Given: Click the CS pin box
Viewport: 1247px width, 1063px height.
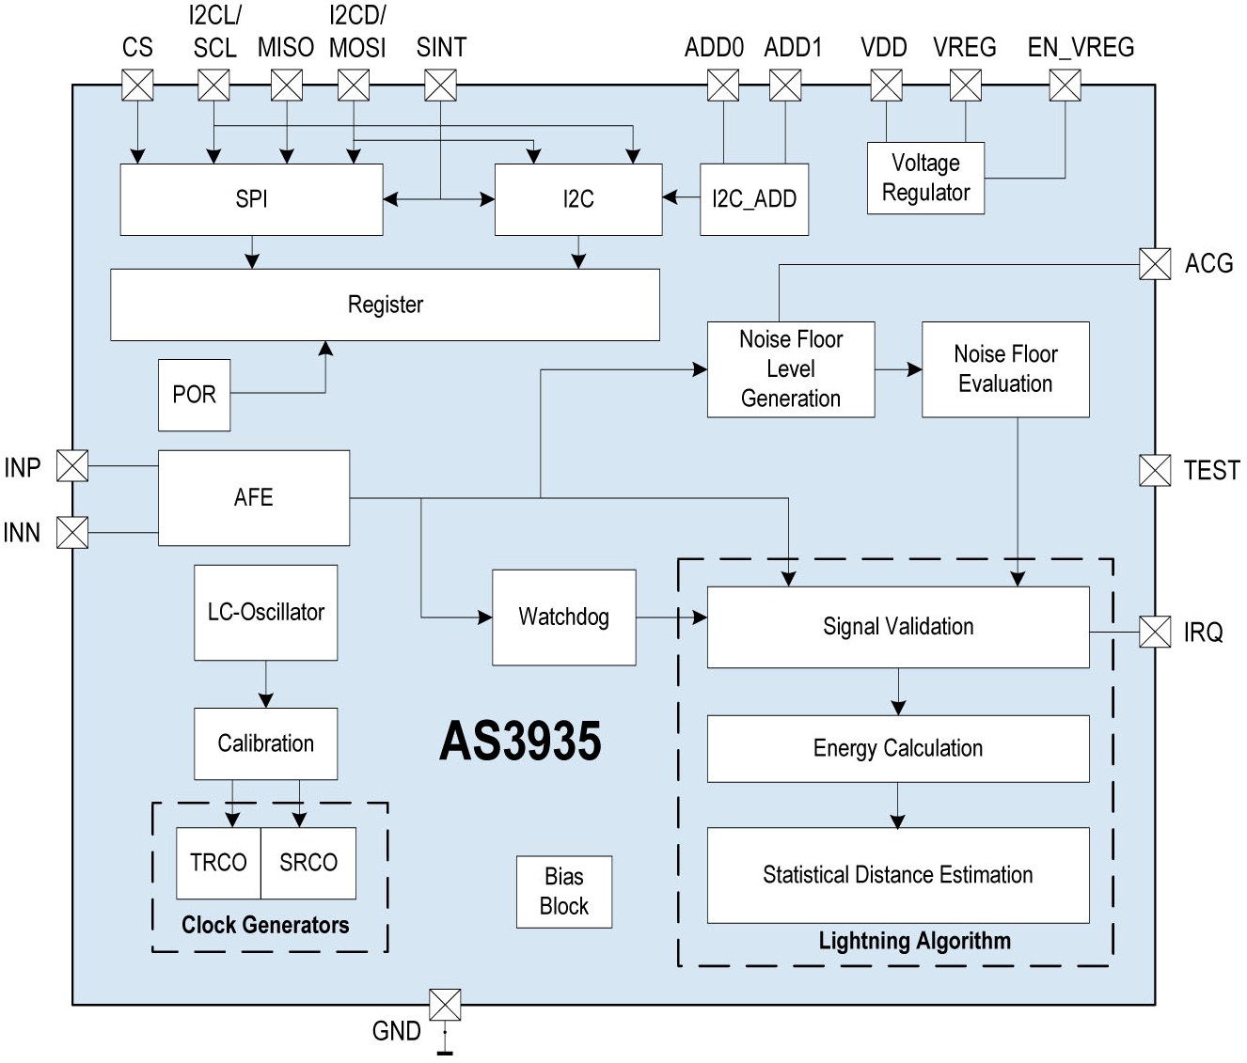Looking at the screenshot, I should pos(137,86).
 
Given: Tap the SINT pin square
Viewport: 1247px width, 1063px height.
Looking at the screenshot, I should pos(440,86).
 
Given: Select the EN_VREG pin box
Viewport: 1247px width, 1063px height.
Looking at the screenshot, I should pos(1065,86).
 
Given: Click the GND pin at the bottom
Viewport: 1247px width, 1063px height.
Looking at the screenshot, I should pos(445,1005).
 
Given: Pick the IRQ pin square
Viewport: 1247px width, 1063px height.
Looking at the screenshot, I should pos(1155,632).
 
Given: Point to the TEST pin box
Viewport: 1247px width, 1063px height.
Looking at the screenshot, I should pos(1155,470).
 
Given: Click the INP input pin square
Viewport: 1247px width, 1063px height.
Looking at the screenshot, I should pos(72,465).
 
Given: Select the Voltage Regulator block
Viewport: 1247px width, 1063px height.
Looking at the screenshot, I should pos(925,178).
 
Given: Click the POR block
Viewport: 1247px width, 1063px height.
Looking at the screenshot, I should pos(194,395).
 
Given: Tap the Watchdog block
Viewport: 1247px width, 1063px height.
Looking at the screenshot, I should pos(563,617).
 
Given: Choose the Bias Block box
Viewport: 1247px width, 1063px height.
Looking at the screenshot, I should pos(563,892).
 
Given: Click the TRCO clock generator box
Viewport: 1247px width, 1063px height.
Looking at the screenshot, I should pos(218,863).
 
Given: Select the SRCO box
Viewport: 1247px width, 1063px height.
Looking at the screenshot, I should pos(308,863).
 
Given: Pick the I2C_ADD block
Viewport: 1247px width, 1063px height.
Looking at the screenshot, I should pos(754,199).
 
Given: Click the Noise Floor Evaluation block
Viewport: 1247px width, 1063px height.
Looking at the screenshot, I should pos(1005,369).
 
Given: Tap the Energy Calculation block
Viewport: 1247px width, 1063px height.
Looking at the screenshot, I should pos(897,748).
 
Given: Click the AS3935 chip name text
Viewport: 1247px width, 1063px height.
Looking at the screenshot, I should pos(520,742).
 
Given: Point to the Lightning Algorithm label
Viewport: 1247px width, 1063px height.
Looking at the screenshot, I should pos(914,941).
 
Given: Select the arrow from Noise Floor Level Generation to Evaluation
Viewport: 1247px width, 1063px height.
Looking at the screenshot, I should pos(898,370).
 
